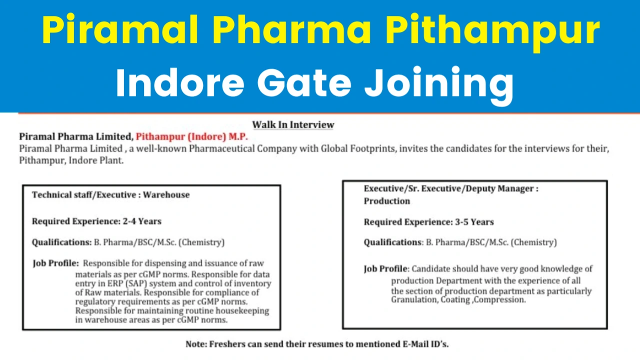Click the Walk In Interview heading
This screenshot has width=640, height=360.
[x=293, y=125]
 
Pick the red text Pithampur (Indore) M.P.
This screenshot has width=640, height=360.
[x=192, y=136]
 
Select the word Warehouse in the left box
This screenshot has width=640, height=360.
[x=166, y=195]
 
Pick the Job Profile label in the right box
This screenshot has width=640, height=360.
[x=385, y=269]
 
